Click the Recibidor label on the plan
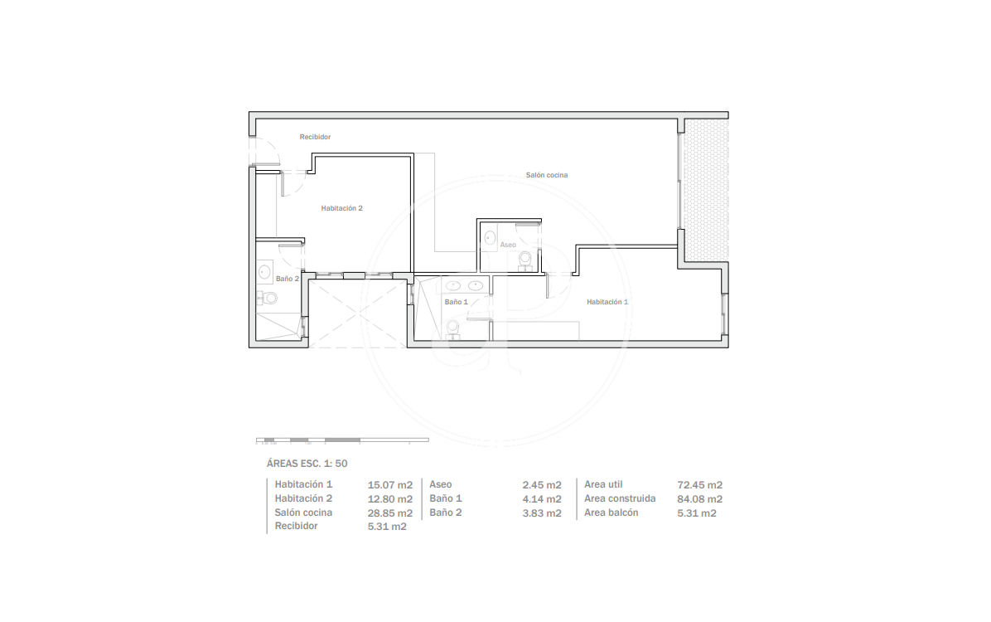pyautogui.click(x=315, y=137)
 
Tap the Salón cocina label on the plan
pyautogui.click(x=547, y=175)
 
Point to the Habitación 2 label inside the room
pyautogui.click(x=341, y=208)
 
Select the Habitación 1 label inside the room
pyautogui.click(x=607, y=302)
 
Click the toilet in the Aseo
pyautogui.click(x=525, y=260)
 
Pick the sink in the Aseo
pyautogui.click(x=490, y=237)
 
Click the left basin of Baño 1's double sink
pyautogui.click(x=453, y=286)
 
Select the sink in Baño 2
pyautogui.click(x=265, y=272)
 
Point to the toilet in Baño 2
pyautogui.click(x=268, y=298)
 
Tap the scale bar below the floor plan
pyautogui.click(x=342, y=440)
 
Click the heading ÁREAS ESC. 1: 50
pyautogui.click(x=307, y=463)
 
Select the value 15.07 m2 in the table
pyautogui.click(x=390, y=484)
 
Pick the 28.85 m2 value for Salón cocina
pyautogui.click(x=390, y=513)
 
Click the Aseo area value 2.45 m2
pyautogui.click(x=542, y=484)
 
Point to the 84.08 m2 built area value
pyautogui.click(x=699, y=499)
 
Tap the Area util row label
pyautogui.click(x=603, y=484)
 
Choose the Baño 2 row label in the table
pyautogui.click(x=446, y=513)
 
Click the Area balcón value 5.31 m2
pyautogui.click(x=697, y=513)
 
